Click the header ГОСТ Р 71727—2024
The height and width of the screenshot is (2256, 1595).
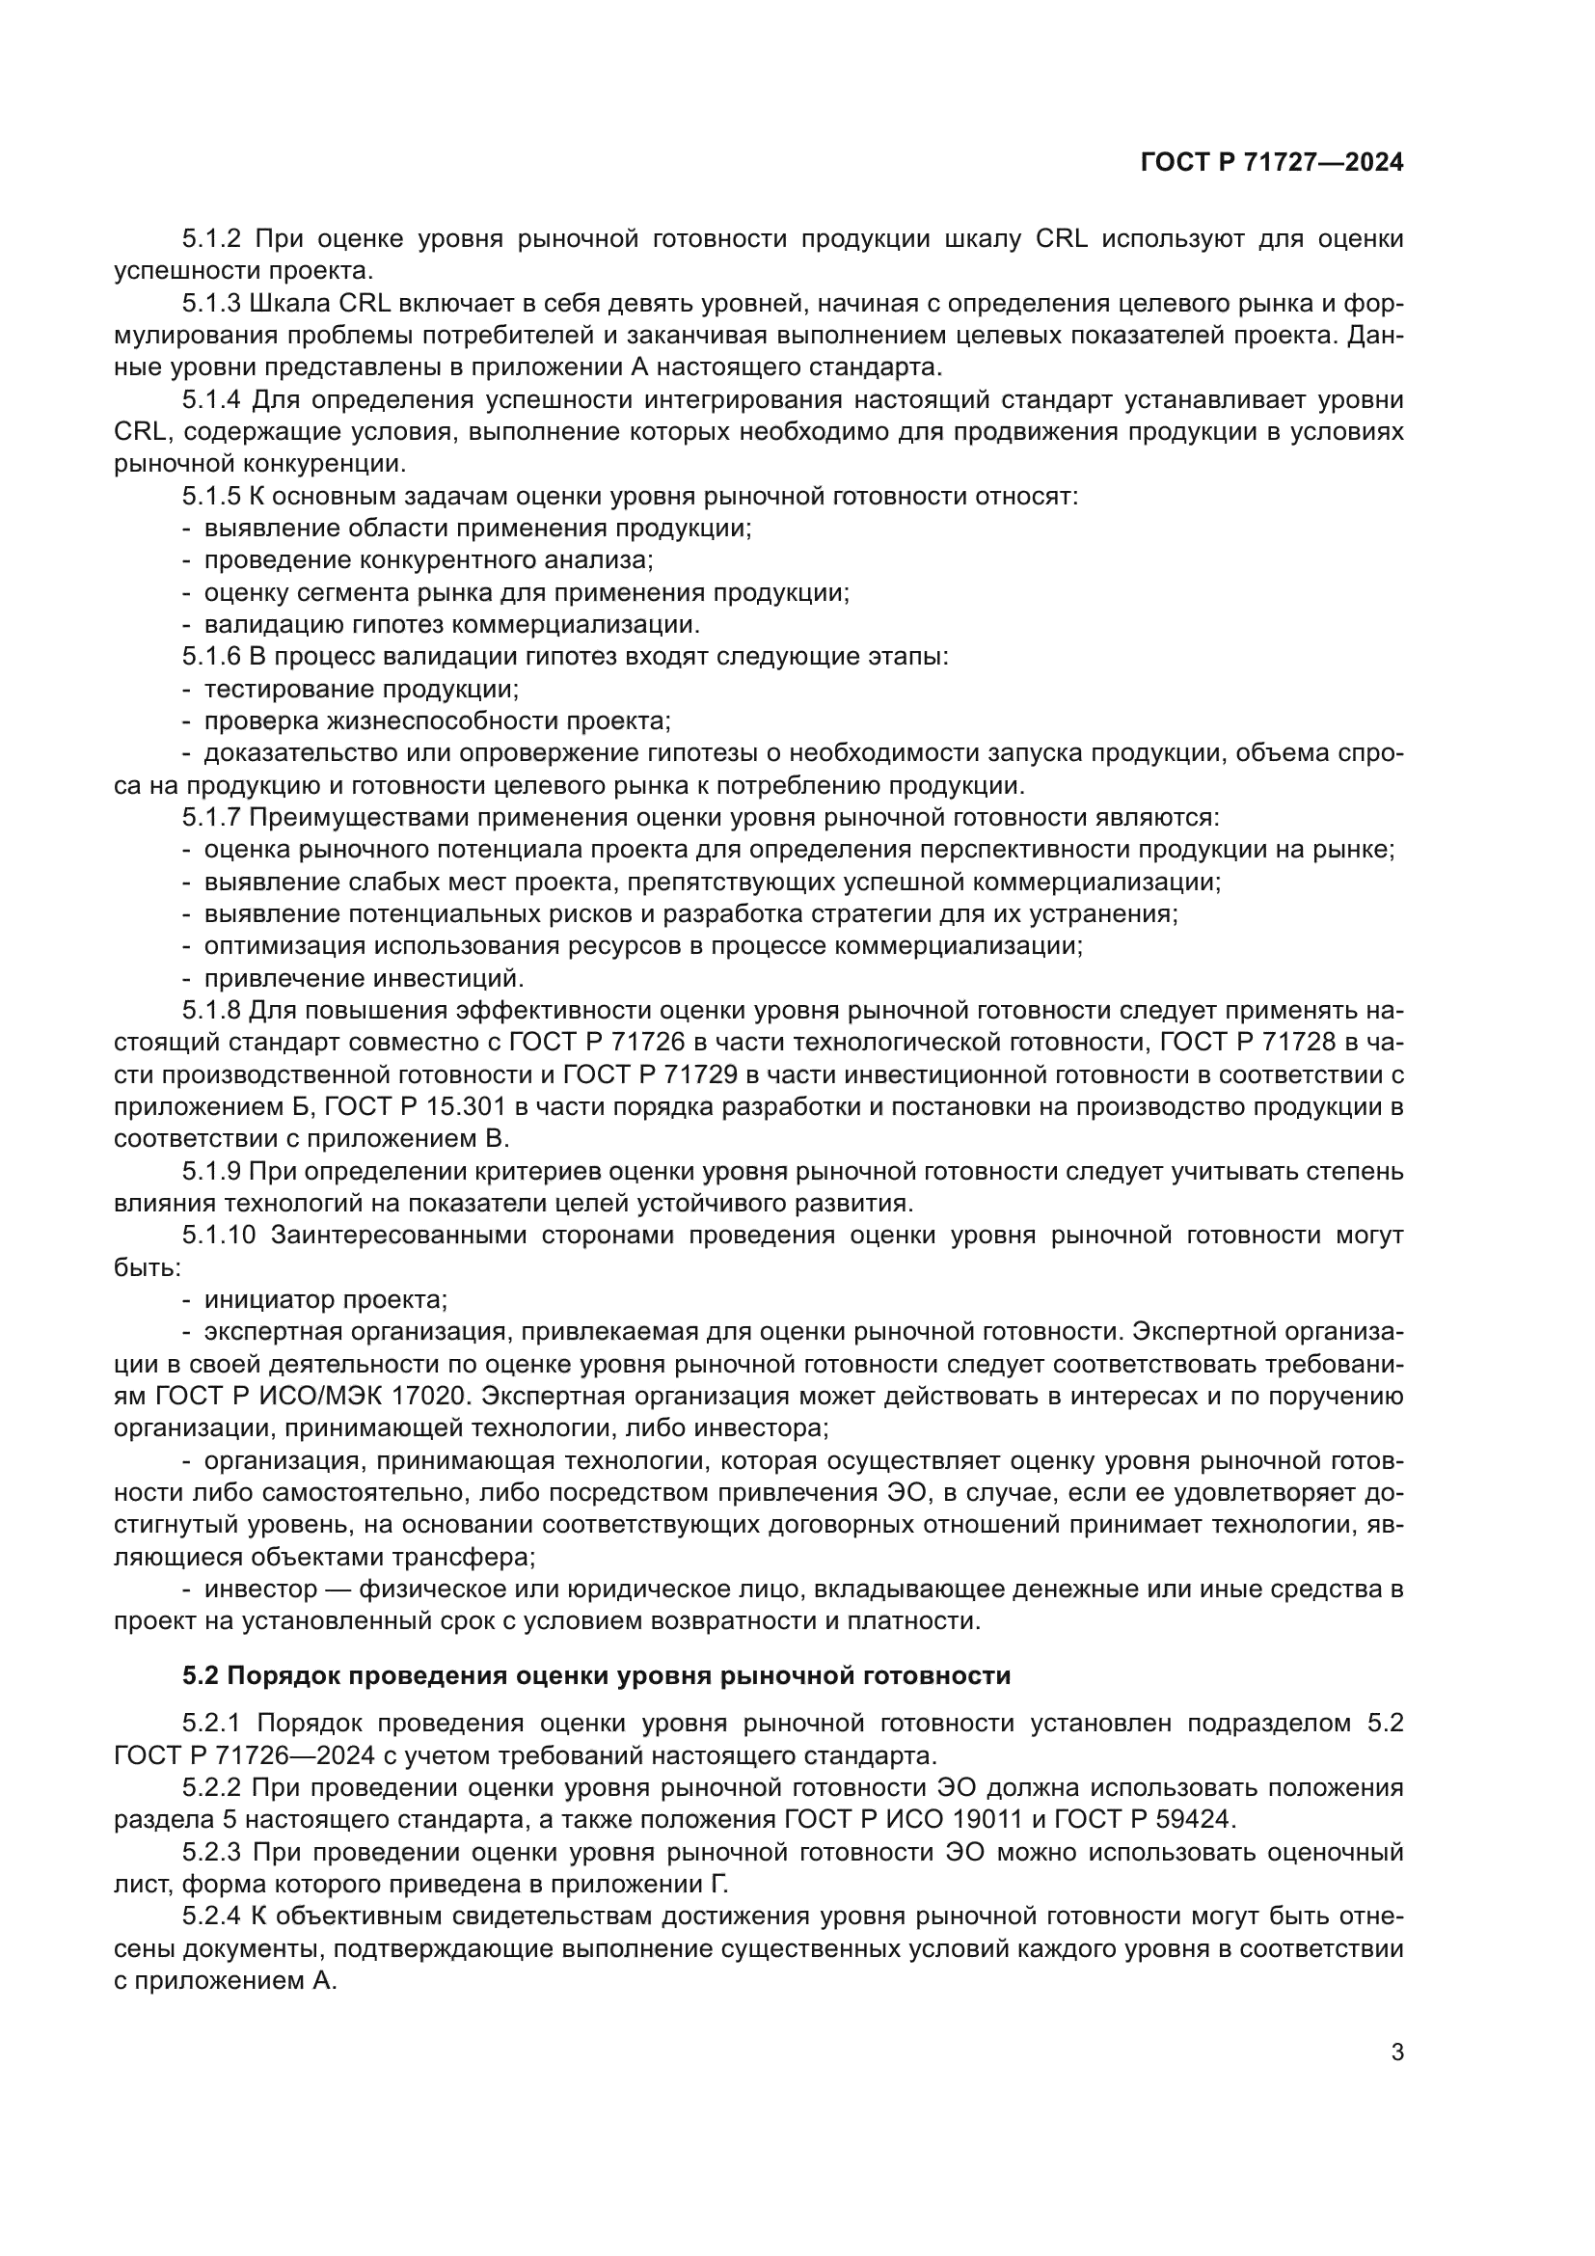1272,163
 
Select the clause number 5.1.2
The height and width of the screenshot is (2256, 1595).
211,239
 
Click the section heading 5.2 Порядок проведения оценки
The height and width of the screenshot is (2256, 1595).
596,1675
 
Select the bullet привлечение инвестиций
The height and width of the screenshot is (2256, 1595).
364,978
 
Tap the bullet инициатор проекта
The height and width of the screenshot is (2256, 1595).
325,1300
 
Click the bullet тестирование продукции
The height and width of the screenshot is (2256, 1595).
362,689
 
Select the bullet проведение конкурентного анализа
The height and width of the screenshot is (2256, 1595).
428,560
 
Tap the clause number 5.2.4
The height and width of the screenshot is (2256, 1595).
211,1916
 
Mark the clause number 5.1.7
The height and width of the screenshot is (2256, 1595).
211,818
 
